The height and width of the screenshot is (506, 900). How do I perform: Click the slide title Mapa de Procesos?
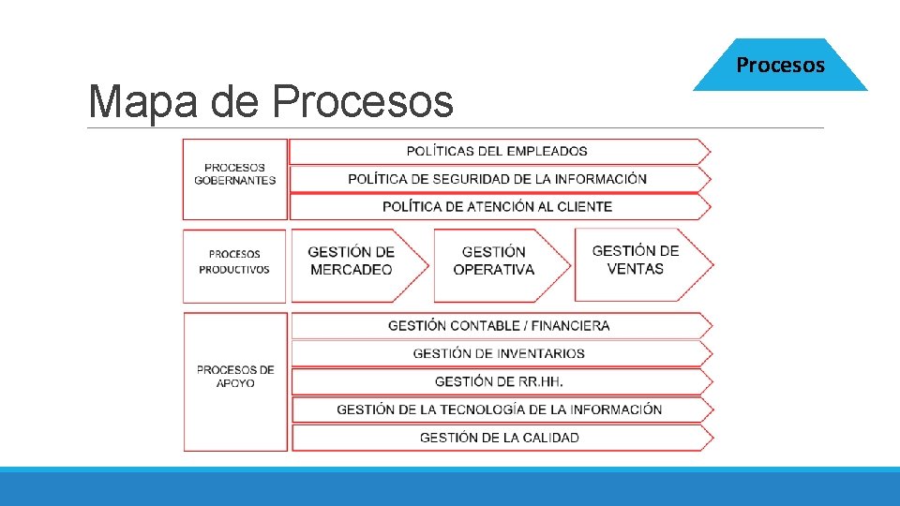pos(270,102)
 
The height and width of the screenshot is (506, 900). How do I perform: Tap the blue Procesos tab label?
pos(780,65)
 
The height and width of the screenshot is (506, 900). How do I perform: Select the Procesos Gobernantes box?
pos(234,179)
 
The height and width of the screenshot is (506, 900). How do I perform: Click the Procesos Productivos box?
pos(234,265)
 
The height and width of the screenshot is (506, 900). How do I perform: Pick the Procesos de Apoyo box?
pos(234,380)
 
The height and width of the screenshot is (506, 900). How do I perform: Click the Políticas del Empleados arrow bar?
pos(498,151)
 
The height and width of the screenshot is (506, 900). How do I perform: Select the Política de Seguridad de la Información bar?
pos(498,179)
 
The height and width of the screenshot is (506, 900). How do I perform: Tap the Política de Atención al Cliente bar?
pos(498,206)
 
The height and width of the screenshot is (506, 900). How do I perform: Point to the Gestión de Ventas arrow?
pos(637,262)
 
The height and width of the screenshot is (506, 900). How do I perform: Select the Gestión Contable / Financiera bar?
pos(499,326)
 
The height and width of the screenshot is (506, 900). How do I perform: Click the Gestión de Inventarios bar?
pos(499,353)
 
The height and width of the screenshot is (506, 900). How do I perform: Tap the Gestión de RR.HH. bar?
pos(499,381)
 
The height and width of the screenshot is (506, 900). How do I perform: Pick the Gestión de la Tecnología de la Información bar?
pos(499,409)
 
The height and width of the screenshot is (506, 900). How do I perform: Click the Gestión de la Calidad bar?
pos(499,438)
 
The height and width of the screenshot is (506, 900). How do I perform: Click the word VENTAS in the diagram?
pos(636,269)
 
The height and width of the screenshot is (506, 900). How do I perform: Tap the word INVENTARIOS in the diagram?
pos(541,353)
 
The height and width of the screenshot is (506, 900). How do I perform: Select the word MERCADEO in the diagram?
pos(352,270)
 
